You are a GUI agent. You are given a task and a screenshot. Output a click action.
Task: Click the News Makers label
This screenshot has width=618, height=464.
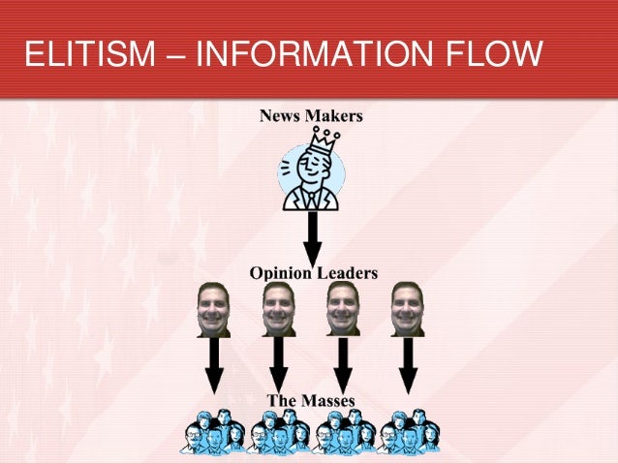pyautogui.click(x=311, y=116)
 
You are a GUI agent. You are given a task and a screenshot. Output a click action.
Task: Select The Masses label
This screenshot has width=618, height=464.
pyautogui.click(x=311, y=400)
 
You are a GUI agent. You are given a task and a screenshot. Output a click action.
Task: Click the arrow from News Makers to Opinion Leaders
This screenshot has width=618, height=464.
pyautogui.click(x=312, y=237)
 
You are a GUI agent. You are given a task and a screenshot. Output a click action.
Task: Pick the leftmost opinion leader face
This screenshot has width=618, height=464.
pyautogui.click(x=213, y=308)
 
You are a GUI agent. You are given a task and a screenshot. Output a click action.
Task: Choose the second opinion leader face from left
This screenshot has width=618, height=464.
pyautogui.click(x=278, y=308)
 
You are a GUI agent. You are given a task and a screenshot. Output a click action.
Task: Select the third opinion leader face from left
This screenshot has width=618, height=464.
pyautogui.click(x=343, y=308)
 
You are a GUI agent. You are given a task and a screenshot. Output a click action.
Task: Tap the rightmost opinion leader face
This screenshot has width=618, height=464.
pyautogui.click(x=407, y=308)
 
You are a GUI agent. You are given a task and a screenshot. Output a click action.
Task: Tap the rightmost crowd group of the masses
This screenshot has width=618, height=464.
pyautogui.click(x=409, y=432)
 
